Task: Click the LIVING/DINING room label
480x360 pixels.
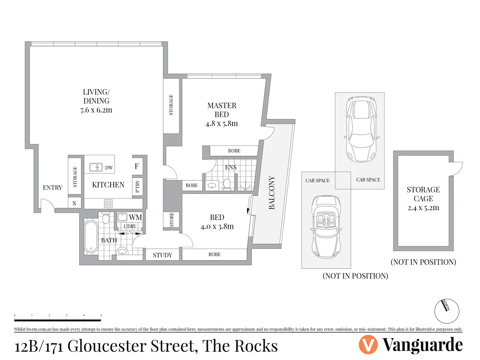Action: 97,96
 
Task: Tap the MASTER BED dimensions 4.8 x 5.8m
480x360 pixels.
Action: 222,124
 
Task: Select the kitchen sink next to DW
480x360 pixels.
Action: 96,167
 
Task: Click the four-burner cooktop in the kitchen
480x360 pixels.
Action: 109,203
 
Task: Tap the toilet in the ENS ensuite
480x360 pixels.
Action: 227,184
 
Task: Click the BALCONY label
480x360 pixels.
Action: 272,193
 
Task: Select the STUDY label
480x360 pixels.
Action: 162,255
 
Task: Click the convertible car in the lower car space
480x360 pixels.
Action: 326,227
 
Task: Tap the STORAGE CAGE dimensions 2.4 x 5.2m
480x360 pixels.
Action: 423,208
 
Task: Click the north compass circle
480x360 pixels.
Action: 446,311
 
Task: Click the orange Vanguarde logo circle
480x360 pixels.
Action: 368,344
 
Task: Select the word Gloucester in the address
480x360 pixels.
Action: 107,346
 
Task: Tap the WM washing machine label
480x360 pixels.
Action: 135,217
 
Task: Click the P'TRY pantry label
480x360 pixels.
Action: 137,186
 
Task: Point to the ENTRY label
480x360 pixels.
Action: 52,187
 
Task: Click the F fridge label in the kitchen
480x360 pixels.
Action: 137,166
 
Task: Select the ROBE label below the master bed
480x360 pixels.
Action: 234,151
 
